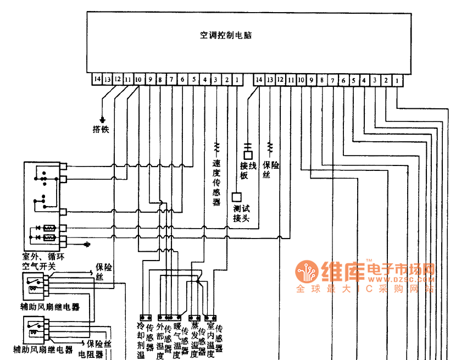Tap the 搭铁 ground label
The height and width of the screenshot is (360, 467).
tap(101, 129)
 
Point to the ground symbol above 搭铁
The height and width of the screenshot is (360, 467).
tap(102, 119)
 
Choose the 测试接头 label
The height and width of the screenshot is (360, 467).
tap(241, 213)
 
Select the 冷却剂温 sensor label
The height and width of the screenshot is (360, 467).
tap(141, 340)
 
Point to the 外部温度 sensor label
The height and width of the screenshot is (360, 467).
tap(160, 340)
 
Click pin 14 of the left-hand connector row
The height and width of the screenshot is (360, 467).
tap(97, 80)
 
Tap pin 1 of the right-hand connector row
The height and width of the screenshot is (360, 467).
tap(396, 80)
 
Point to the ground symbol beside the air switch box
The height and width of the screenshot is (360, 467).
tap(86, 243)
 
